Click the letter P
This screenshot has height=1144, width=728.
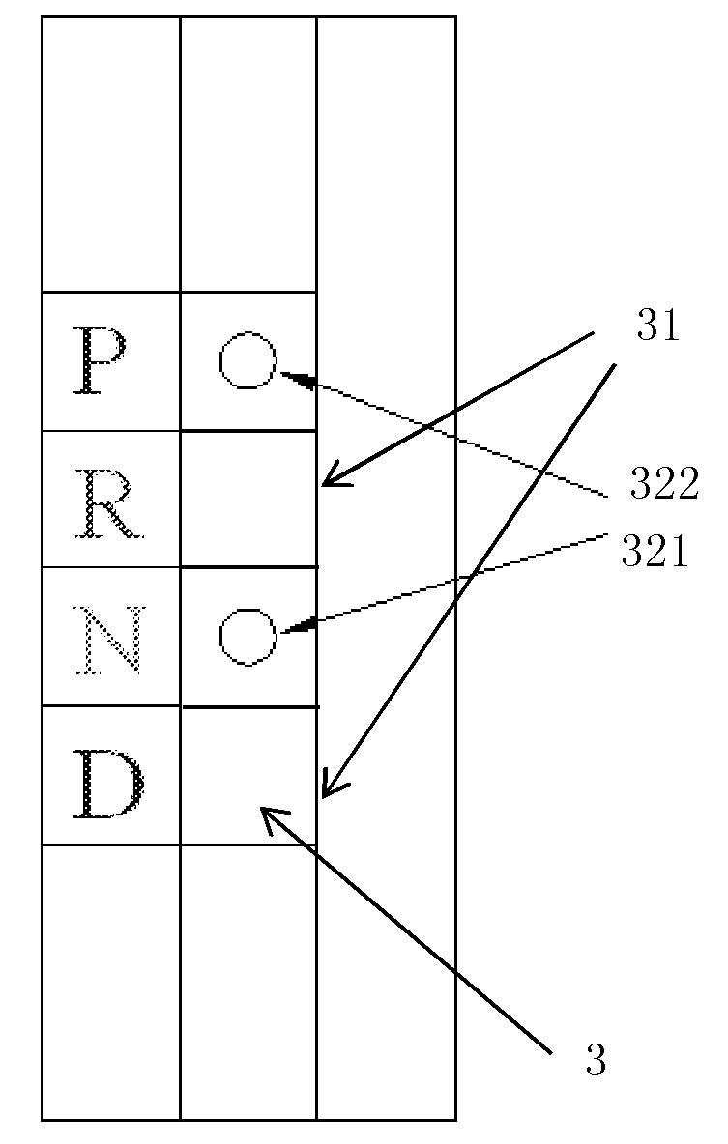pyautogui.click(x=100, y=360)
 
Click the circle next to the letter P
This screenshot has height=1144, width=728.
pyautogui.click(x=248, y=360)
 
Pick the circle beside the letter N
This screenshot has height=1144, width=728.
pyautogui.click(x=248, y=637)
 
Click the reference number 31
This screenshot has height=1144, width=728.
pyautogui.click(x=658, y=327)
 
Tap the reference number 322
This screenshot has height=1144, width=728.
pyautogui.click(x=664, y=483)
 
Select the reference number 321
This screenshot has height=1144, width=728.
pyautogui.click(x=655, y=552)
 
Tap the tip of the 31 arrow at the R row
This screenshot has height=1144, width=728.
pyautogui.click(x=322, y=484)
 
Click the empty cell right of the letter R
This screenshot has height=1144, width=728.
pyautogui.click(x=248, y=499)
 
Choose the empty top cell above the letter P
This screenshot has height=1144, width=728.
pyautogui.click(x=110, y=155)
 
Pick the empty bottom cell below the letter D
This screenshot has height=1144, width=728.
pyautogui.click(x=110, y=982)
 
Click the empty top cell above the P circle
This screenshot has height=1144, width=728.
pyautogui.click(x=248, y=155)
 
